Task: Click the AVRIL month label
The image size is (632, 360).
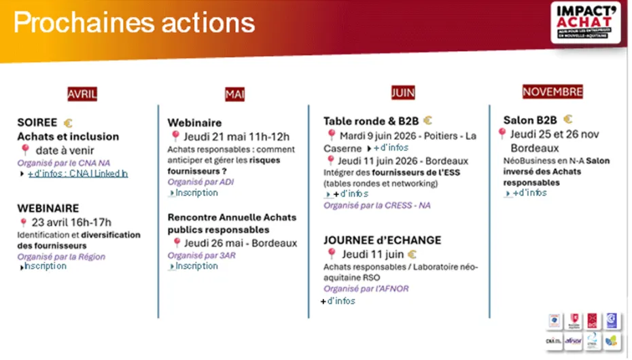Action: (x=82, y=94)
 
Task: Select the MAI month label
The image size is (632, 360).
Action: (x=234, y=94)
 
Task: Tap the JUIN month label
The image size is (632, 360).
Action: (x=402, y=92)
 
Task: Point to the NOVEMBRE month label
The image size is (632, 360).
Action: (x=552, y=91)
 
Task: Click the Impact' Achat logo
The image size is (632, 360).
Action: (x=585, y=22)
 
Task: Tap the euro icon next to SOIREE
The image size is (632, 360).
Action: (x=67, y=123)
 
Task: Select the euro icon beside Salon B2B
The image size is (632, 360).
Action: (x=567, y=120)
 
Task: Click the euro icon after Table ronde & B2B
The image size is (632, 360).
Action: (x=427, y=120)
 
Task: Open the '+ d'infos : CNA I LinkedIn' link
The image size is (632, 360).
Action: (x=77, y=174)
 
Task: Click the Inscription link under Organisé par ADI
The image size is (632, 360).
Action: (x=196, y=193)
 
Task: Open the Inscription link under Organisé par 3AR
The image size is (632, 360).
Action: (x=196, y=266)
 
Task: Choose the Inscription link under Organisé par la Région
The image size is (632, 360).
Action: (x=46, y=266)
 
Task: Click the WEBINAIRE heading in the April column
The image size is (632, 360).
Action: (x=48, y=209)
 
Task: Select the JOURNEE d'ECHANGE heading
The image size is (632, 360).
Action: (x=382, y=240)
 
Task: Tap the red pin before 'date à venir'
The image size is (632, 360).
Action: (x=25, y=150)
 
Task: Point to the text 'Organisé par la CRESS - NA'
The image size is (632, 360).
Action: (x=377, y=205)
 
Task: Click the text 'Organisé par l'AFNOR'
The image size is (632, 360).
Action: (x=376, y=289)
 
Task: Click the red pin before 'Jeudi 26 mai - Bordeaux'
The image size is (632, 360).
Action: (x=177, y=242)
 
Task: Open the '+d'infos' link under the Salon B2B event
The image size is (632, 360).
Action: (x=529, y=193)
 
